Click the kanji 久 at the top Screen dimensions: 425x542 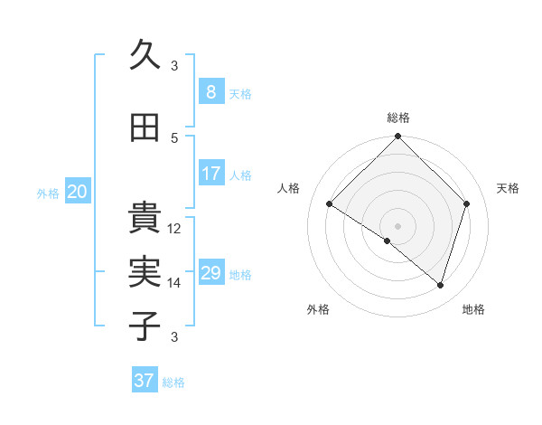point(145,56)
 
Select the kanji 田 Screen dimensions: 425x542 point(145,127)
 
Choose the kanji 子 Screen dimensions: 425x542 point(145,326)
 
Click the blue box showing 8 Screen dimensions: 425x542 point(210,92)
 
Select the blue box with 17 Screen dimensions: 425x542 point(210,174)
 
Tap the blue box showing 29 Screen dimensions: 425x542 point(210,273)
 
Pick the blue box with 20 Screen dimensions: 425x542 point(78,192)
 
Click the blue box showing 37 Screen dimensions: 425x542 point(145,381)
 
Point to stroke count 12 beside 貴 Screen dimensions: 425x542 point(174,229)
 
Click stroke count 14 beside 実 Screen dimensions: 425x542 point(174,283)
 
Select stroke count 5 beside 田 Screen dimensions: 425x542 point(174,137)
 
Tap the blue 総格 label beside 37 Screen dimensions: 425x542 point(173,382)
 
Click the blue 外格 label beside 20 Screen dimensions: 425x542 point(48,193)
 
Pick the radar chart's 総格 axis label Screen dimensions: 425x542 point(397,118)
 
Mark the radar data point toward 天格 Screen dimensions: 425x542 point(467,203)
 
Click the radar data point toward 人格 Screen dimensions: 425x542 point(330,204)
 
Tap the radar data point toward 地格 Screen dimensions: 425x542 point(440,285)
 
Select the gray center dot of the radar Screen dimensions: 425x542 point(397,225)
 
